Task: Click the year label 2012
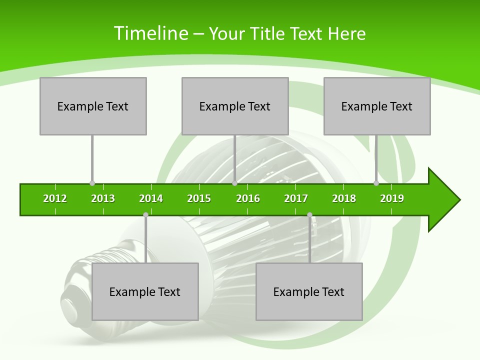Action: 55,198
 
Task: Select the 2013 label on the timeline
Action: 103,198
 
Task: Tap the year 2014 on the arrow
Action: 151,198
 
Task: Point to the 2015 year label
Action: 199,198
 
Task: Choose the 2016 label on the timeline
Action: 248,198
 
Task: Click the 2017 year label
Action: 296,198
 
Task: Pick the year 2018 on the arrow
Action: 344,198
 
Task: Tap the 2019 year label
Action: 392,198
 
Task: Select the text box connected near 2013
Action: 93,106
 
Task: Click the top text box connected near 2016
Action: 235,106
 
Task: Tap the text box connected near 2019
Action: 377,106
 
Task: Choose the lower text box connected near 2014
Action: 145,291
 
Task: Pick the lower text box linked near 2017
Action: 309,291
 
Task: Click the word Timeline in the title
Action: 150,33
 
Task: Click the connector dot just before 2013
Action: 92,183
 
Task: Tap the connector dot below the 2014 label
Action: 145,214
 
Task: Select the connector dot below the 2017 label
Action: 309,214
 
